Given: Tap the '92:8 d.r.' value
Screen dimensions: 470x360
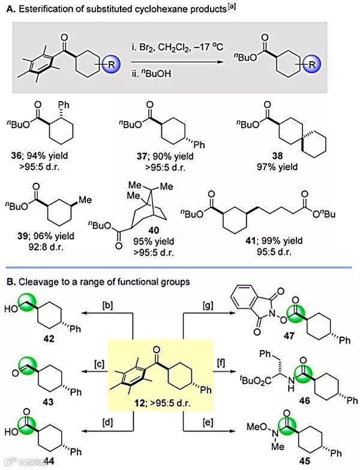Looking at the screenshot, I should tap(44, 245).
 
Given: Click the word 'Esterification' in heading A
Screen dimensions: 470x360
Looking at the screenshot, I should tap(49, 7).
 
